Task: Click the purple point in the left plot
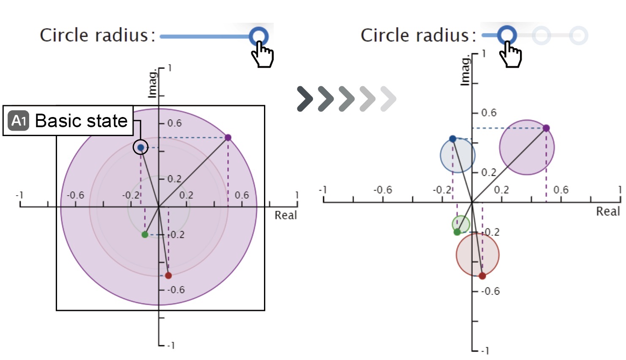(228, 137)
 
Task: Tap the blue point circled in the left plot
(141, 147)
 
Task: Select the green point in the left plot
(145, 235)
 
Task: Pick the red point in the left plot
(168, 275)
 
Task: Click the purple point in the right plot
(546, 128)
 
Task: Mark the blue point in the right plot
(453, 139)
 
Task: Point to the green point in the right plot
(457, 232)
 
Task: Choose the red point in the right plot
(482, 276)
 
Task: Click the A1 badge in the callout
(19, 121)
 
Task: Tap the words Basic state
(81, 121)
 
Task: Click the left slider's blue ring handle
(259, 36)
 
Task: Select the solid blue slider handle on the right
(506, 35)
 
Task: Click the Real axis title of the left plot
(286, 215)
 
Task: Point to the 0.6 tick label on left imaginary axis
(174, 123)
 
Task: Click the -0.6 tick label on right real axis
(383, 190)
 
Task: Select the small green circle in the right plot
(461, 224)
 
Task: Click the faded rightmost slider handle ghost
(578, 35)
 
